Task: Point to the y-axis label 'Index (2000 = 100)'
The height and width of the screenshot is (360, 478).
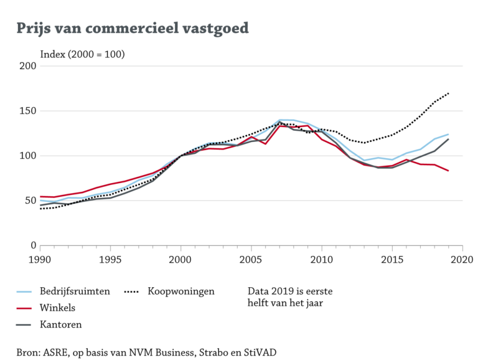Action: click(x=82, y=54)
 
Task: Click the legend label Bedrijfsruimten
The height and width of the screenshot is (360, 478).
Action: click(x=74, y=291)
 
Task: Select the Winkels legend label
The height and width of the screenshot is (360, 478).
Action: click(x=58, y=308)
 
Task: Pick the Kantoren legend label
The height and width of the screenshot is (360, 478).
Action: click(x=60, y=324)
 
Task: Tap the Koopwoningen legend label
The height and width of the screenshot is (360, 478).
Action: click(x=181, y=291)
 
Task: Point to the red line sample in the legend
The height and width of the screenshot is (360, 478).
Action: click(x=23, y=308)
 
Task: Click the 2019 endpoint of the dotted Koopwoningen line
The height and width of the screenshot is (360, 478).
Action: click(x=448, y=93)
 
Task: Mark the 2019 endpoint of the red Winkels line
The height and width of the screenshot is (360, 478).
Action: click(x=448, y=171)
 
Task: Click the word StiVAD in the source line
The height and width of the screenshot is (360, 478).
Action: click(x=260, y=353)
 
